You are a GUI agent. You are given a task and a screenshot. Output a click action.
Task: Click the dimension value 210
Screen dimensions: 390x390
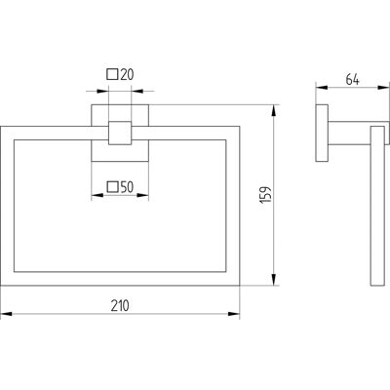pyautogui.click(x=120, y=306)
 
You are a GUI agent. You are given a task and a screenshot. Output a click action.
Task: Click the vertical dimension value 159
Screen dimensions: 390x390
pyautogui.click(x=266, y=195)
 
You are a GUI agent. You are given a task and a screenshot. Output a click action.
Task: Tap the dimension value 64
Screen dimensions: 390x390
pyautogui.click(x=352, y=80)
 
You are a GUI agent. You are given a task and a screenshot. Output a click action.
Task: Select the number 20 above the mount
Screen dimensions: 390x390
pyautogui.click(x=127, y=75)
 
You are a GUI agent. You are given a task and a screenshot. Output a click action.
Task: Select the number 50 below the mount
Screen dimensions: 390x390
pyautogui.click(x=127, y=187)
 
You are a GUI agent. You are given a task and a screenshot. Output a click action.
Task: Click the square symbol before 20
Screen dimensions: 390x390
pyautogui.click(x=112, y=74)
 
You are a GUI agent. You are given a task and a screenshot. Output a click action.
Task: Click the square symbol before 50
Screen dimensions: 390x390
pyautogui.click(x=112, y=187)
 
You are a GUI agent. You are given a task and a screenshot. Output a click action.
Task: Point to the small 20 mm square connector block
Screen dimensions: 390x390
pyautogui.click(x=120, y=133)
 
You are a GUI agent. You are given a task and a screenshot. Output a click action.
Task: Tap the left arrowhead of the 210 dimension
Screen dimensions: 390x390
pyautogui.click(x=7, y=314)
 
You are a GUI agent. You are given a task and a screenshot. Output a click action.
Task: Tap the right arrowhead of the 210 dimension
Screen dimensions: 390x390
pyautogui.click(x=234, y=314)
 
